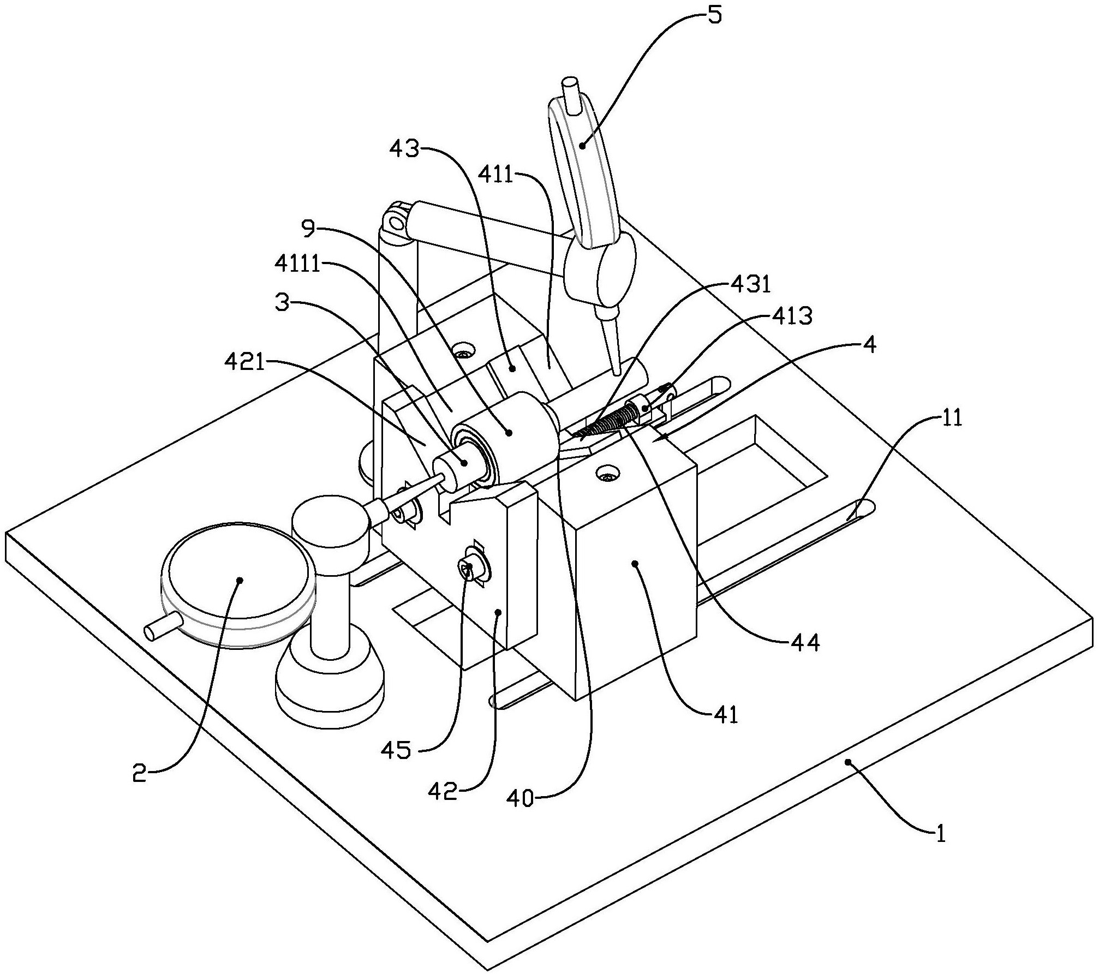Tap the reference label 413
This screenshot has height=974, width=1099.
pyautogui.click(x=793, y=315)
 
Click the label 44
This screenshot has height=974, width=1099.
pyautogui.click(x=805, y=643)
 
